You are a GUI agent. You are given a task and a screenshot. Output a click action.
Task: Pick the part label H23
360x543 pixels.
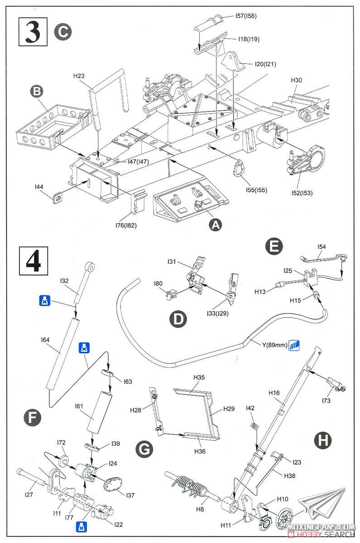[79, 76]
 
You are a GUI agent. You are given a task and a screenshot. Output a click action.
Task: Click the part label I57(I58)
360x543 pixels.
[246, 16]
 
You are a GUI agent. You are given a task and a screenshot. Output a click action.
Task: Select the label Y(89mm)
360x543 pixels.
[274, 346]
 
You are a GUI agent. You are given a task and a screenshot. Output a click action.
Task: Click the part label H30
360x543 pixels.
[296, 80]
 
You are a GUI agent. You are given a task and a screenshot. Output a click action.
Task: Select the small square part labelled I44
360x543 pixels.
[58, 197]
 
